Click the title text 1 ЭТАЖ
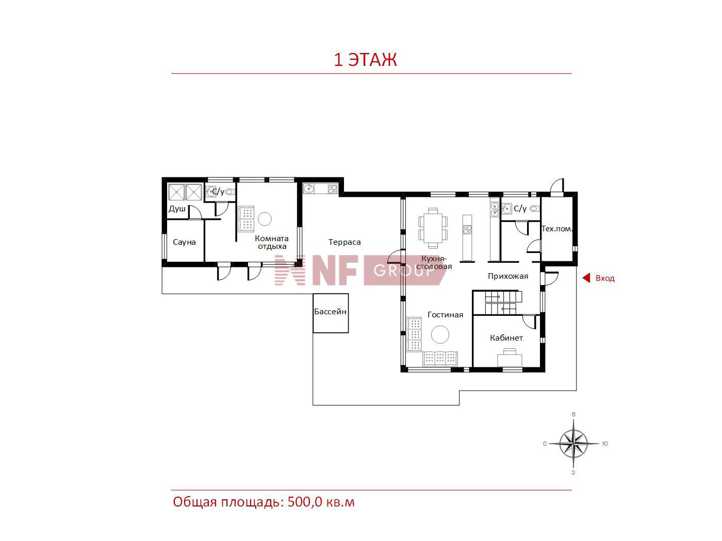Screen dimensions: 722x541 coord(365,60)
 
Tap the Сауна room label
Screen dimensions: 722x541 coord(184,242)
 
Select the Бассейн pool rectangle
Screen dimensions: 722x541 coord(330,313)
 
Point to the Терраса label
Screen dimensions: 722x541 coord(344,242)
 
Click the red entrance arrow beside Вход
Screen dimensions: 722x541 coord(586,278)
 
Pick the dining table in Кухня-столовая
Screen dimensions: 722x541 coord(433,228)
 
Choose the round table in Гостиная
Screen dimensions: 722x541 coord(440,334)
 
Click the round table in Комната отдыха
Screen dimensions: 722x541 coord(265,219)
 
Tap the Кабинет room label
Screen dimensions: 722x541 coord(506,337)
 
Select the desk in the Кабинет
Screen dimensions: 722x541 coord(510,358)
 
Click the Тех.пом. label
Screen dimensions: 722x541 coord(556,229)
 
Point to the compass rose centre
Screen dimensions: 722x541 coord(573,444)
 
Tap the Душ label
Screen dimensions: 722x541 coord(177,209)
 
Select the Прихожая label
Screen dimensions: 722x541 coord(508,276)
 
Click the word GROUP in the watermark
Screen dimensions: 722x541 coord(404,271)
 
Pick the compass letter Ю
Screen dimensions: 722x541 coord(605,444)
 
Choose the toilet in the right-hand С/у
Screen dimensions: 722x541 coord(534,208)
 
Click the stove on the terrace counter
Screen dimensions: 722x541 coord(333,189)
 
